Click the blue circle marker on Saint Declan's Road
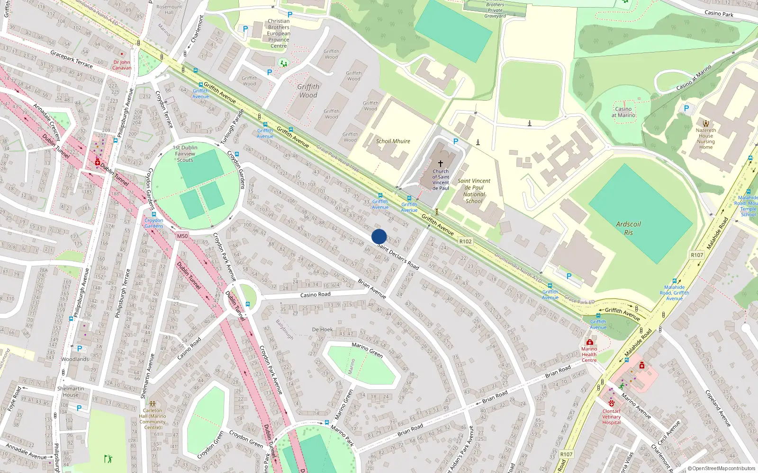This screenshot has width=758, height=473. [x=379, y=236]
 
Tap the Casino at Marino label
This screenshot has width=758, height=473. [x=623, y=112]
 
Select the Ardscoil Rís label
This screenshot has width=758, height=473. [x=628, y=228]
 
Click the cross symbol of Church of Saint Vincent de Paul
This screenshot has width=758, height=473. [x=441, y=164]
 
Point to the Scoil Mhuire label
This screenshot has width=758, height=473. [x=393, y=141]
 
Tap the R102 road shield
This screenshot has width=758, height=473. [x=465, y=241]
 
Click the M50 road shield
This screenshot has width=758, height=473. [x=182, y=236]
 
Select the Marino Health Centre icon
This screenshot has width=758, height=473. [x=589, y=342]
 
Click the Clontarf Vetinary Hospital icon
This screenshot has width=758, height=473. [x=612, y=403]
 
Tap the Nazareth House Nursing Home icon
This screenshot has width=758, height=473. [x=706, y=123]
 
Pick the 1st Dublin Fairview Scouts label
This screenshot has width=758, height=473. [x=185, y=154]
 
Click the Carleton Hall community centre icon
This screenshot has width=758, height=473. [x=153, y=404]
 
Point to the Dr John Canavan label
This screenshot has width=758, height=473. [x=122, y=65]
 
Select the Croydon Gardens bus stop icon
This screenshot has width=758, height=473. [x=153, y=214]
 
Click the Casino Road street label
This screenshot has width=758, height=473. [x=315, y=295]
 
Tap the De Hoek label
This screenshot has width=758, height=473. [x=322, y=329]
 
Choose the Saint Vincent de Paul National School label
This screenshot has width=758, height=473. [x=474, y=191]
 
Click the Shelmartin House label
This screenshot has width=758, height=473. [x=71, y=392]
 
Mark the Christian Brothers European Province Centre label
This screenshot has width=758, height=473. [x=279, y=34]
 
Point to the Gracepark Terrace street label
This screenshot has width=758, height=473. [x=72, y=59]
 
